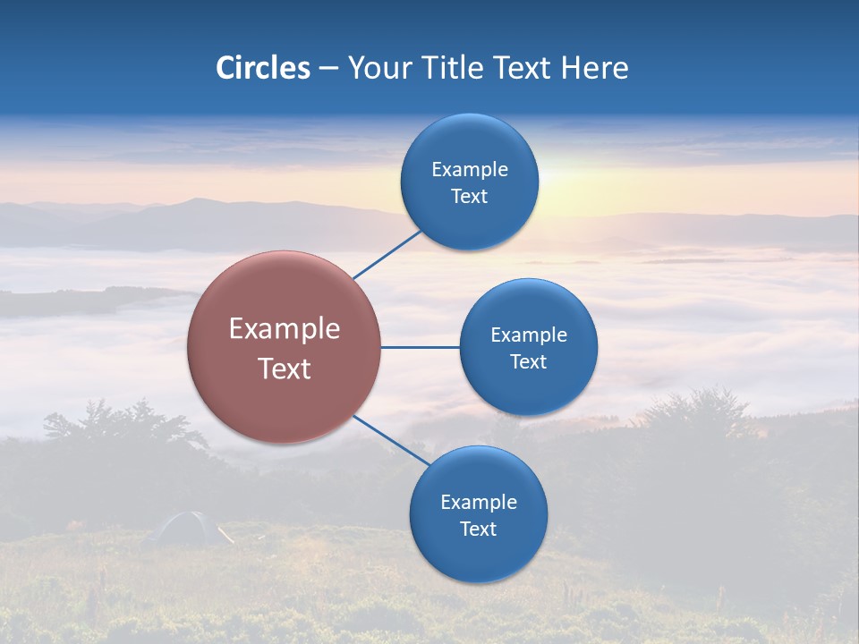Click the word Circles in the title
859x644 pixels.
click(x=263, y=68)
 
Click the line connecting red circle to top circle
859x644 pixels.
click(x=387, y=255)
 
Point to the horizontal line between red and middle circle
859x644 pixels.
click(x=420, y=347)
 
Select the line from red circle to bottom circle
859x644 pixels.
click(x=390, y=440)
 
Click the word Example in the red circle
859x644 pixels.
click(x=285, y=329)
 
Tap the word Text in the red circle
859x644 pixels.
click(x=285, y=369)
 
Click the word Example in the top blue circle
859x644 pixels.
click(x=470, y=170)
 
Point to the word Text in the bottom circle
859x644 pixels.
click(x=478, y=529)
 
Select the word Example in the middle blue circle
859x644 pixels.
click(x=529, y=335)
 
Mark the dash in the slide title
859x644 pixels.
click(x=328, y=69)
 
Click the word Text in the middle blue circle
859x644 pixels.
click(x=529, y=362)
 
